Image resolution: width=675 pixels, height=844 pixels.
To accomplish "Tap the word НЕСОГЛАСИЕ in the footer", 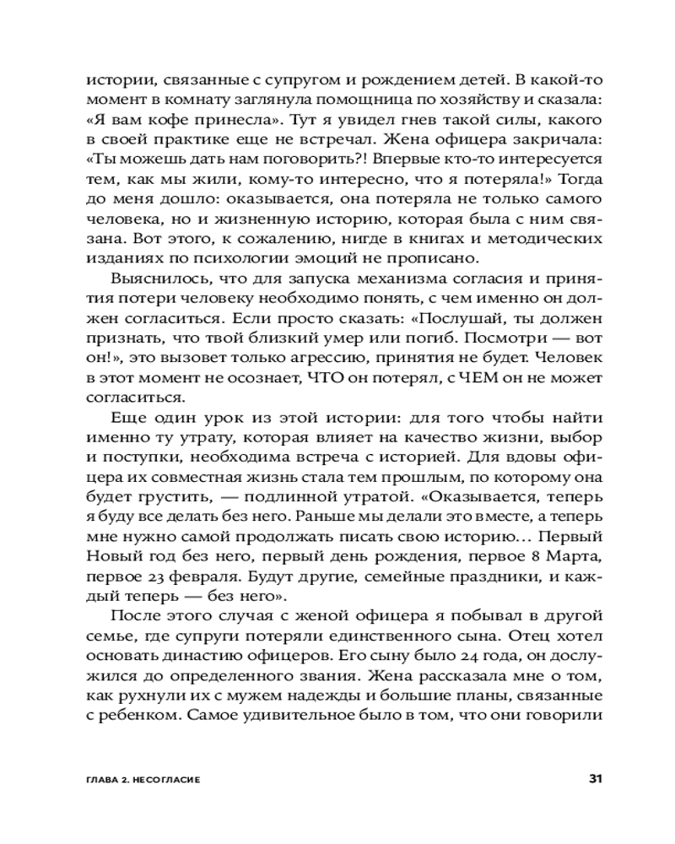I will click(x=166, y=779).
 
